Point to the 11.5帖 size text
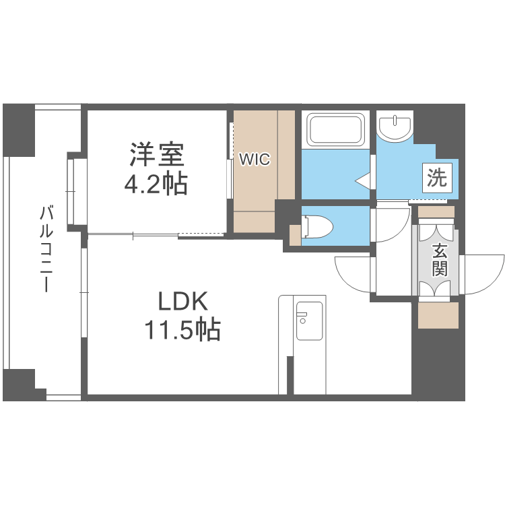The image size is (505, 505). click(182, 330)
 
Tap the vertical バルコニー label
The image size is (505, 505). click(46, 249)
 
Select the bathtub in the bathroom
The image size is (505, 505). click(336, 129)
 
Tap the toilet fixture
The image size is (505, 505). click(317, 226)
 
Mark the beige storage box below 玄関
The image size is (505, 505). click(438, 314)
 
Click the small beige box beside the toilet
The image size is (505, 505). click(295, 235)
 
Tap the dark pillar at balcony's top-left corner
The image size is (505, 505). click(18, 130)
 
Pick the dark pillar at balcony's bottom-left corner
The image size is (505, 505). click(18, 385)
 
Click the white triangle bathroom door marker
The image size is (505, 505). click(362, 180)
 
